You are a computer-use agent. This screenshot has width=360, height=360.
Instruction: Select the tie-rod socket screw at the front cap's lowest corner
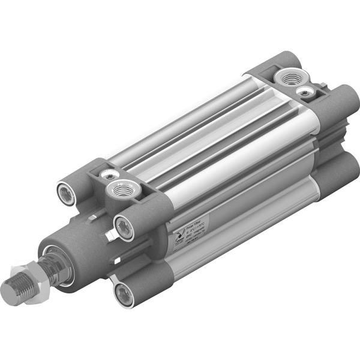124,293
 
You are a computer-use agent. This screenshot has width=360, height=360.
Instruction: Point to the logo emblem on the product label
177,238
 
